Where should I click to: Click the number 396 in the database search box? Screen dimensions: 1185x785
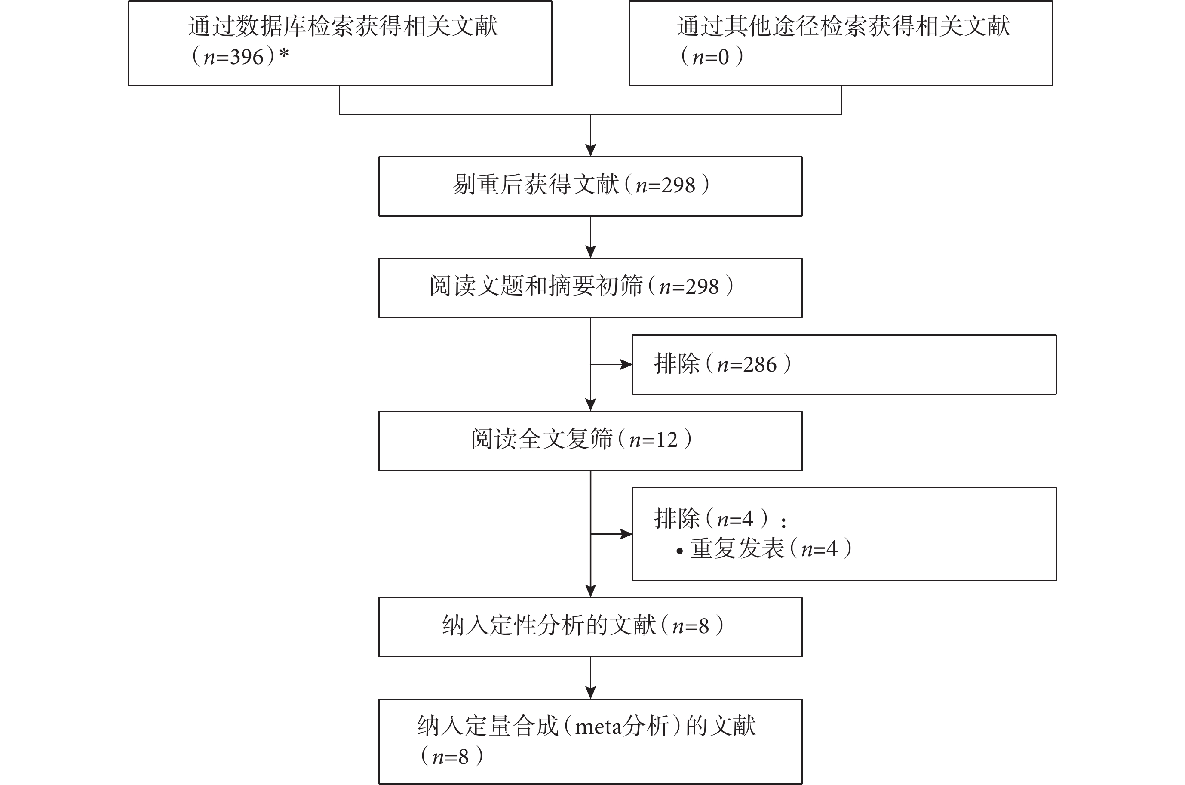[247, 57]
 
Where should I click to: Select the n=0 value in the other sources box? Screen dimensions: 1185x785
[711, 57]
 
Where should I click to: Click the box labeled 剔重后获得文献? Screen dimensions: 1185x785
[590, 186]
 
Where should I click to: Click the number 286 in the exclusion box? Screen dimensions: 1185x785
[760, 364]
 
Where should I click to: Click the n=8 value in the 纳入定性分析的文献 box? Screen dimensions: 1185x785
[691, 626]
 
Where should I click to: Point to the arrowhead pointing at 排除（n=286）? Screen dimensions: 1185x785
[626, 364]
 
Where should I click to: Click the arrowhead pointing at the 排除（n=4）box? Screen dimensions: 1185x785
[626, 534]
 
